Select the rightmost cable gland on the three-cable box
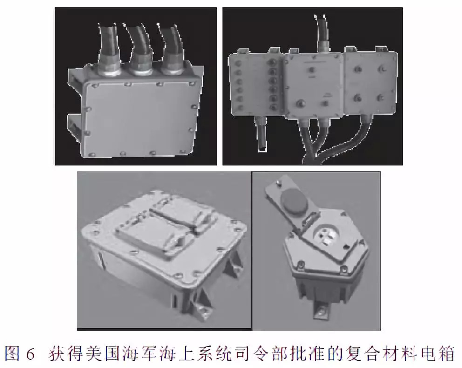tap(171, 62)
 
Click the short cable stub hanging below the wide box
tap(261, 134)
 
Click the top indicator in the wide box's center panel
tap(312, 70)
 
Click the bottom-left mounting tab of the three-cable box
tap(75, 125)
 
